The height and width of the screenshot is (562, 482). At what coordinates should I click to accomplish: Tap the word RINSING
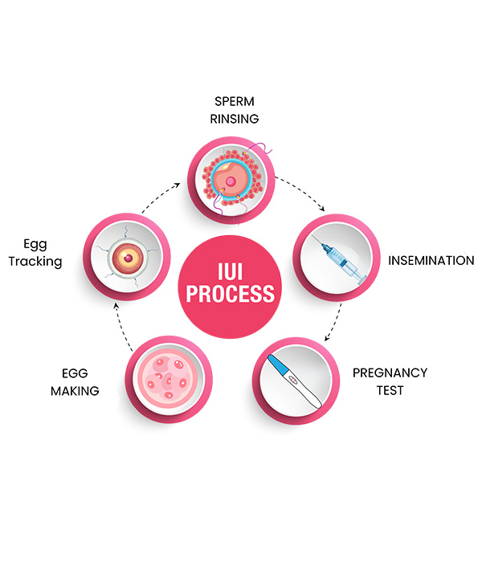pyautogui.click(x=234, y=119)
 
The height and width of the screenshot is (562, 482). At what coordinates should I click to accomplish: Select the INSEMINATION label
pyautogui.click(x=431, y=261)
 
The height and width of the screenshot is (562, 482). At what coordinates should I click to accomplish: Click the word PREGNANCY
pyautogui.click(x=390, y=373)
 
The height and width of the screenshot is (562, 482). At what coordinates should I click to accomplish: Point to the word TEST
pyautogui.click(x=390, y=391)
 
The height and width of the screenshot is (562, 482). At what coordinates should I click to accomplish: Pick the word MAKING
pyautogui.click(x=75, y=391)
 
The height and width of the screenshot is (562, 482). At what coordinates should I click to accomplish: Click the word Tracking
pyautogui.click(x=35, y=262)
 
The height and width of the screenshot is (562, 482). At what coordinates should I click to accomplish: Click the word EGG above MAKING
pyautogui.click(x=75, y=373)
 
